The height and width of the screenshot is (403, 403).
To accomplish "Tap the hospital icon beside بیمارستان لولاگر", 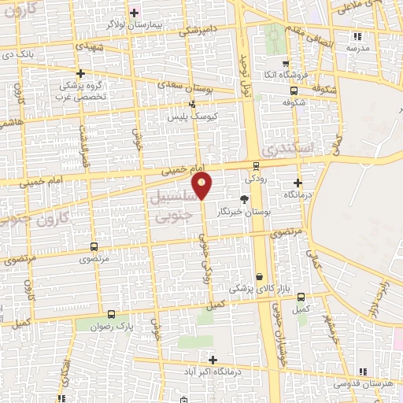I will (134, 13).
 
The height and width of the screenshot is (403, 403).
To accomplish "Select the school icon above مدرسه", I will (357, 36).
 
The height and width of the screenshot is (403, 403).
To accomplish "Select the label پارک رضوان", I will (109, 326).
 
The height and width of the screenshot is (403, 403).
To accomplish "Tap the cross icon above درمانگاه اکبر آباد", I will (212, 359).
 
